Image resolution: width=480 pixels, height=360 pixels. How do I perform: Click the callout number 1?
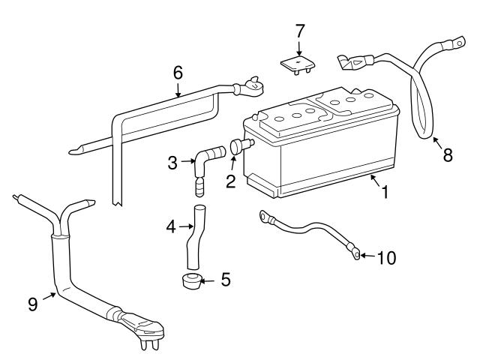tap(385, 192)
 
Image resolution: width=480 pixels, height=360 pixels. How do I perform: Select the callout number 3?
tap(172, 161)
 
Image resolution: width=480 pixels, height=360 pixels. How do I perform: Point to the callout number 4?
tap(170, 226)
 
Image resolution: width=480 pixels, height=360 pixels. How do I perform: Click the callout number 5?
tap(225, 280)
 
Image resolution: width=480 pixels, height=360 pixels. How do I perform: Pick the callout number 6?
tap(178, 73)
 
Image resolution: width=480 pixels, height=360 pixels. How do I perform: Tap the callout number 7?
tap(299, 31)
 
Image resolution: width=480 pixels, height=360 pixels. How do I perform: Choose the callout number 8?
tap(448, 155)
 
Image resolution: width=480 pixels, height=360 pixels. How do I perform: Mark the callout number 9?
tap(33, 304)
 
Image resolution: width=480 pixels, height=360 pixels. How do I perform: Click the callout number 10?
tap(385, 257)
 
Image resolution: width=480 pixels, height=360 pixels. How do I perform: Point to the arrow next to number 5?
tap(207, 281)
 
